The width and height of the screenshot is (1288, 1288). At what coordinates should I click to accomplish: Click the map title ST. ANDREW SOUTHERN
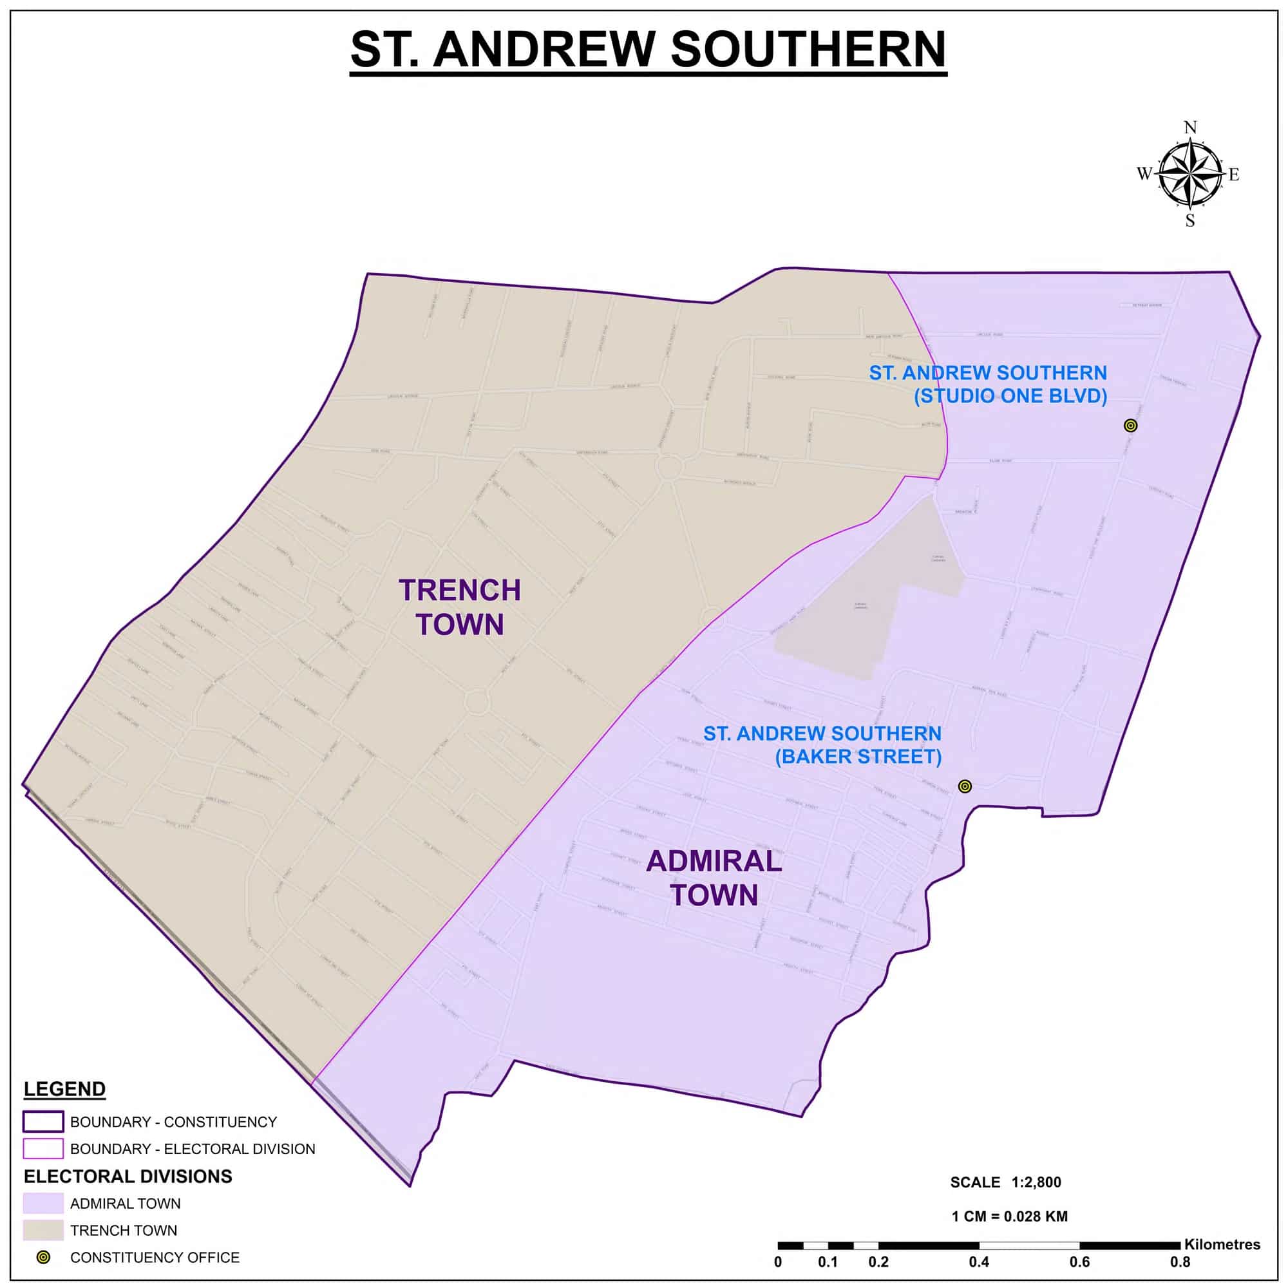(648, 50)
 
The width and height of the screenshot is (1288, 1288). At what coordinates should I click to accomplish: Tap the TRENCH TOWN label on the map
(459, 607)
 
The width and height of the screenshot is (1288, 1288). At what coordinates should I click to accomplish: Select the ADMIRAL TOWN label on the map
(714, 878)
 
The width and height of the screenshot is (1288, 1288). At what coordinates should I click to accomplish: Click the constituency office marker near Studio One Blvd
(1130, 425)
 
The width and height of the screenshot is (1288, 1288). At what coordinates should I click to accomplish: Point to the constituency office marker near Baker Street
(965, 787)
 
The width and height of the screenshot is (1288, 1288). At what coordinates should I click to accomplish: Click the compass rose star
(1189, 175)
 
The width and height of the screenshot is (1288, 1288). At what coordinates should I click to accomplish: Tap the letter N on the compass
(1190, 128)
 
